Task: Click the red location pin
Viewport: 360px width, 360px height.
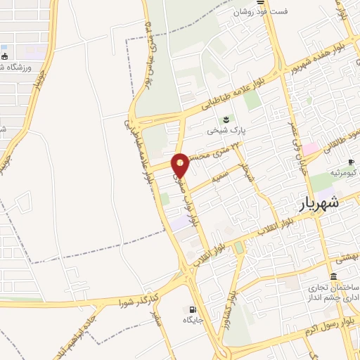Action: [x=181, y=164]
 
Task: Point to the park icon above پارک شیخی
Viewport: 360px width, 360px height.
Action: [x=226, y=119]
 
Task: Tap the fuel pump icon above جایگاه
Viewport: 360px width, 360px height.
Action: [x=193, y=309]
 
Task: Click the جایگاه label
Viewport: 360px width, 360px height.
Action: [x=193, y=320]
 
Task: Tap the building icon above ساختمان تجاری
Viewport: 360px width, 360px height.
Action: [x=333, y=276]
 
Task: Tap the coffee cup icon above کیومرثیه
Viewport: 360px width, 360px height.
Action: [x=350, y=162]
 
